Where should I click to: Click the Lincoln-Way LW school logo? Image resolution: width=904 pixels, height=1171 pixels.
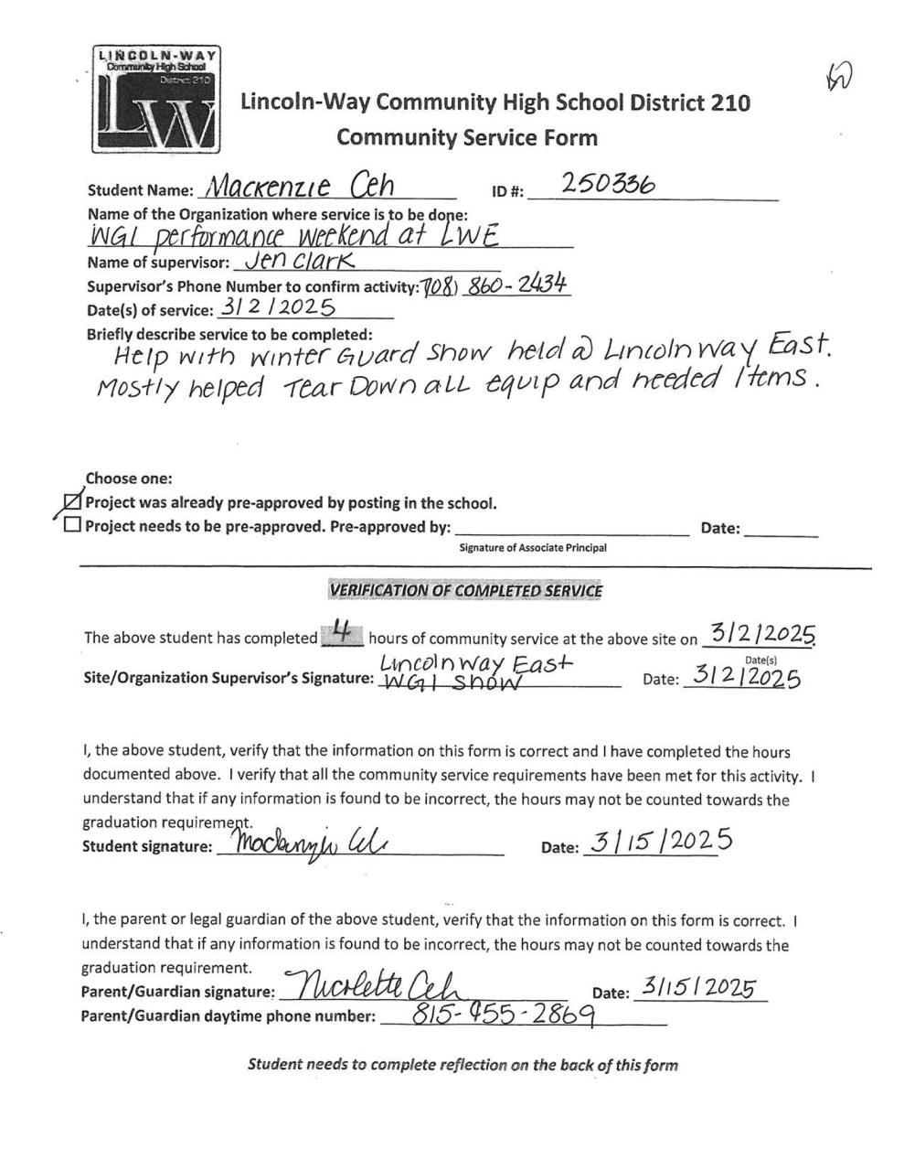155,99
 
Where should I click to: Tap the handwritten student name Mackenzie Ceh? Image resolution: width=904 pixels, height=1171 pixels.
300,188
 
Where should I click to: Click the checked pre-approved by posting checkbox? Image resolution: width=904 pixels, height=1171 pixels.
72,502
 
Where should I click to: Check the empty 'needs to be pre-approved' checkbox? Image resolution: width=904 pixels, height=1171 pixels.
72,525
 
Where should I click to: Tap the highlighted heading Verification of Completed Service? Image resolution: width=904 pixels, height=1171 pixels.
465,591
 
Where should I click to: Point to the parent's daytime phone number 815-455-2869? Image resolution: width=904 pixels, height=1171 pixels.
504,1014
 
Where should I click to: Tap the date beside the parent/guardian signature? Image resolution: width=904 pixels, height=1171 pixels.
697,988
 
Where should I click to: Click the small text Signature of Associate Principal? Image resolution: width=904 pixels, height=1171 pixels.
532,548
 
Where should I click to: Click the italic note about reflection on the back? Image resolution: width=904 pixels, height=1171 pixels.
463,1064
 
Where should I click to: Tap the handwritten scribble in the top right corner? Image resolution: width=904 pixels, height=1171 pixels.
838,80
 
